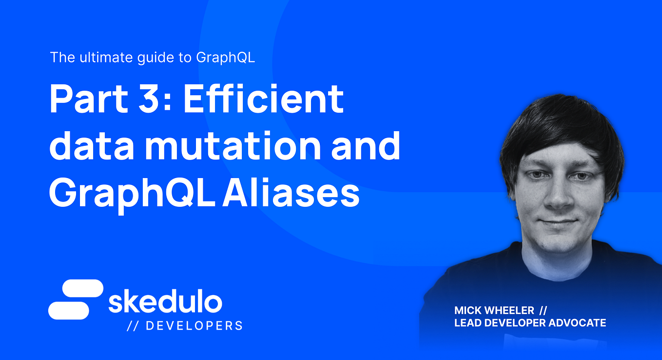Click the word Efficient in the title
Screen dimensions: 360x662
click(263, 100)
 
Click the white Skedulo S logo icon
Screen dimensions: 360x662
click(76, 300)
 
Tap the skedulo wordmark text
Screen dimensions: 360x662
click(165, 302)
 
